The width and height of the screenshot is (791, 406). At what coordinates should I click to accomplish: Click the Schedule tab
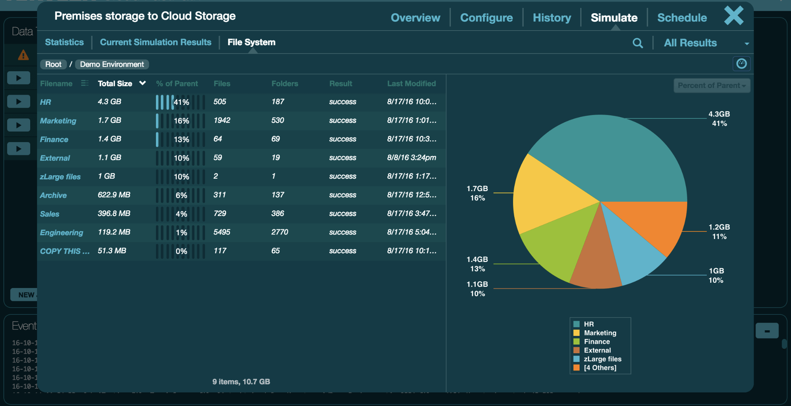coord(682,18)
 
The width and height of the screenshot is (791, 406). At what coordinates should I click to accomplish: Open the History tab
coord(552,18)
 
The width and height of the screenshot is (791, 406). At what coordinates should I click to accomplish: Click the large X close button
coord(734,16)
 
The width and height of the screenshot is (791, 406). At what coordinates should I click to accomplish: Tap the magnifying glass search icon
coord(638,43)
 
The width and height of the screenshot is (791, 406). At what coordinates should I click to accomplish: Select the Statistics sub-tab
coord(64,42)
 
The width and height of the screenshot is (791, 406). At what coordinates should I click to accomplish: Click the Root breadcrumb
coord(53,64)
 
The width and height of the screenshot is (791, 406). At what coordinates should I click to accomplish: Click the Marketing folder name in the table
coord(58,121)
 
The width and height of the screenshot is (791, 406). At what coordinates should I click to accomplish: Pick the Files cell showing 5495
coord(222,232)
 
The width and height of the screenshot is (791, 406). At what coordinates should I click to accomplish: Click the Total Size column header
coord(115,84)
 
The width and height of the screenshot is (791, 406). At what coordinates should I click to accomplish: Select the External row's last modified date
coord(411,158)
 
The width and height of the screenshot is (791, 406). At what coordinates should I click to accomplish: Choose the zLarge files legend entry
coord(602,359)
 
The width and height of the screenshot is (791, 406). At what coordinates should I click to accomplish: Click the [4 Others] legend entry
coord(600,368)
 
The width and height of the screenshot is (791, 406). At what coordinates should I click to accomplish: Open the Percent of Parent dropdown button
coord(711,86)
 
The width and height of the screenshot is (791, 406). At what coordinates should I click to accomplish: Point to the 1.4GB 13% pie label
coord(477,264)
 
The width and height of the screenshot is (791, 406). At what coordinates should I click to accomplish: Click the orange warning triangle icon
coord(23,55)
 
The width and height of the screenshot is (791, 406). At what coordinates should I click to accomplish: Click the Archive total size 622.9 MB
coord(114,195)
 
